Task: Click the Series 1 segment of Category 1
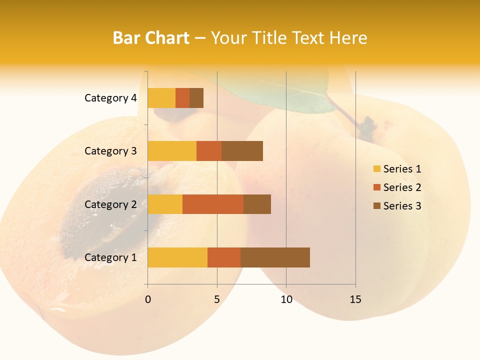coord(177,257)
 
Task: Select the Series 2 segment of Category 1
coord(224,257)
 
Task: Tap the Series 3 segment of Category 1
coord(275,257)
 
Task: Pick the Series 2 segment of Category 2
coord(213,204)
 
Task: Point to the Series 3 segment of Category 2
coord(257,204)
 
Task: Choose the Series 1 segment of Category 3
coord(172,151)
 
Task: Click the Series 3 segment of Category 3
coord(242,151)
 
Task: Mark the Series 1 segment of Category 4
coord(161,98)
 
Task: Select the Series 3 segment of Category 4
coord(196,98)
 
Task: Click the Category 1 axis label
coord(110,257)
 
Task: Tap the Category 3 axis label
coord(110,151)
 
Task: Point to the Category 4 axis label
coord(110,98)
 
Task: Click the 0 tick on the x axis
coord(148,299)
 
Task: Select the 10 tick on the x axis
coord(286,299)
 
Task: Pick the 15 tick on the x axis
coord(355,299)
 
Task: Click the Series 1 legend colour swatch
coord(376,169)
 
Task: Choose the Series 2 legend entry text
coord(402,187)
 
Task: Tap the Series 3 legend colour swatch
coord(376,206)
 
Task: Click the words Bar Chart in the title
coord(151,38)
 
